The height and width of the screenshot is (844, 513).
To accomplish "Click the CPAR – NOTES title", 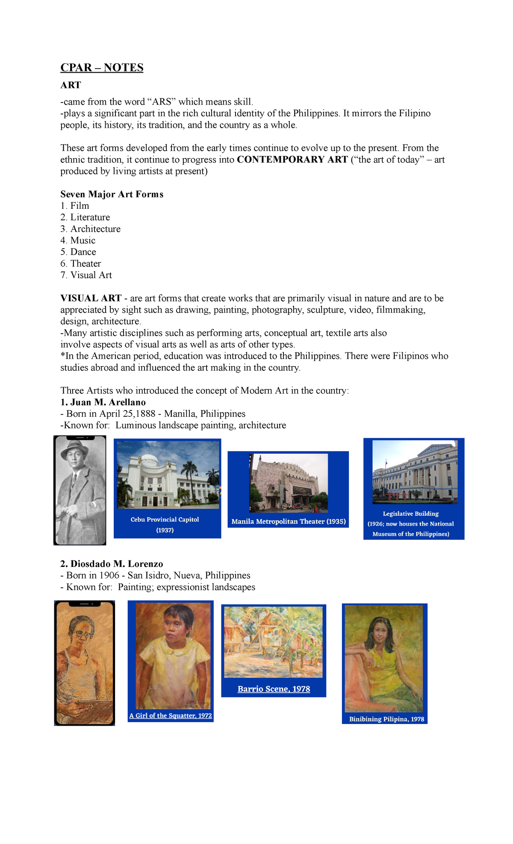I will (102, 68).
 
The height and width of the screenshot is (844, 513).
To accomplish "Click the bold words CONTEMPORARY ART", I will (292, 160).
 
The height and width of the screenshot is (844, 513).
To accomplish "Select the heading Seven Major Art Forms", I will (112, 194).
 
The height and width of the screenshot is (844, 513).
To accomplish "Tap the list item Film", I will (80, 206).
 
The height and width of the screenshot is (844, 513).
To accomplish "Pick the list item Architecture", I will (95, 229).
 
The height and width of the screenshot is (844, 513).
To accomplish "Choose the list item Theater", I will (85, 264).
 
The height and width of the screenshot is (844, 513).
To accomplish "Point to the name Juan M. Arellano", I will (108, 402).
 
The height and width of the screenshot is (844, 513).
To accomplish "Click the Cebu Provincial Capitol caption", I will (165, 520).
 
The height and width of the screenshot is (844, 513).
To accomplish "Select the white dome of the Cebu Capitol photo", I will (150, 460).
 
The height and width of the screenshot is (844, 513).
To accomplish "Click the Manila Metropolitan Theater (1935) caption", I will (289, 522).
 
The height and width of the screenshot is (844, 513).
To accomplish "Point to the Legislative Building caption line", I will (411, 514).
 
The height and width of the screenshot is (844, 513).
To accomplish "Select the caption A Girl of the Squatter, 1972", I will (171, 715).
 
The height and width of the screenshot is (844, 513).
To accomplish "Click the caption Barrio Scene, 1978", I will (274, 689).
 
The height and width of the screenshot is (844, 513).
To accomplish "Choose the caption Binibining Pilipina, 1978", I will (386, 719).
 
